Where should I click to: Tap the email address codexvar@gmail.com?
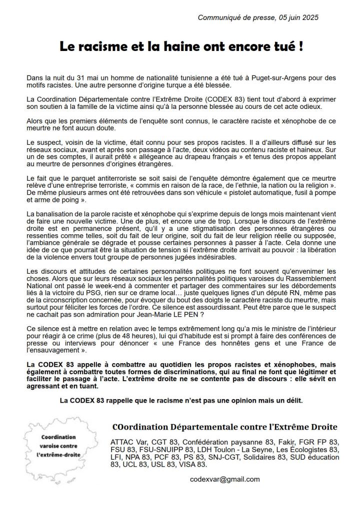tap(225, 479)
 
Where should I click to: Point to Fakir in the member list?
tap(287, 442)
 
